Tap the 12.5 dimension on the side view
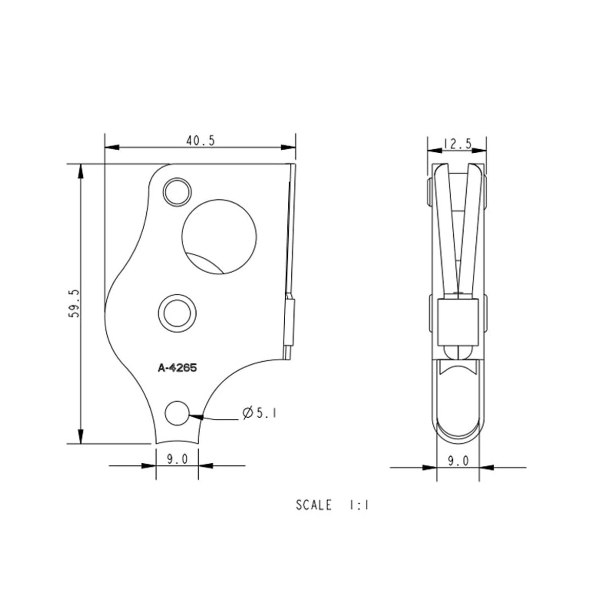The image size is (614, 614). (457, 144)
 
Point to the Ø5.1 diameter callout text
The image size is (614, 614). (258, 414)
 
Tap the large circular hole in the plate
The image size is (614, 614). (219, 236)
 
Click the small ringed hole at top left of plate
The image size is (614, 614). (177, 192)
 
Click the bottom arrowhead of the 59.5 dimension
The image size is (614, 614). (80, 436)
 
